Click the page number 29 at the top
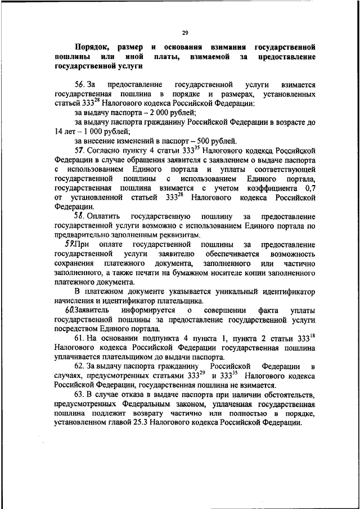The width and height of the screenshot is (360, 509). tap(184, 32)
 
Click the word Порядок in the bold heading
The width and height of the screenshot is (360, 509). tap(92, 47)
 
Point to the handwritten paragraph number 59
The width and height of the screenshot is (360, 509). tap(70, 244)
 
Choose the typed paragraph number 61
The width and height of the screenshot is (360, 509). tap(80, 339)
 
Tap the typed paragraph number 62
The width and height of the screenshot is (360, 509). tap(80, 367)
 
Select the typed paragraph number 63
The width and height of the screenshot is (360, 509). tap(80, 395)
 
